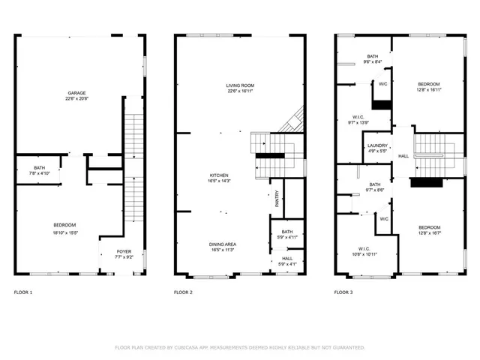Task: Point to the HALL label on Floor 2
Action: tap(287, 259)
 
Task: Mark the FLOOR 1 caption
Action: tap(24, 292)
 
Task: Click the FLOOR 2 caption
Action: tap(184, 292)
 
